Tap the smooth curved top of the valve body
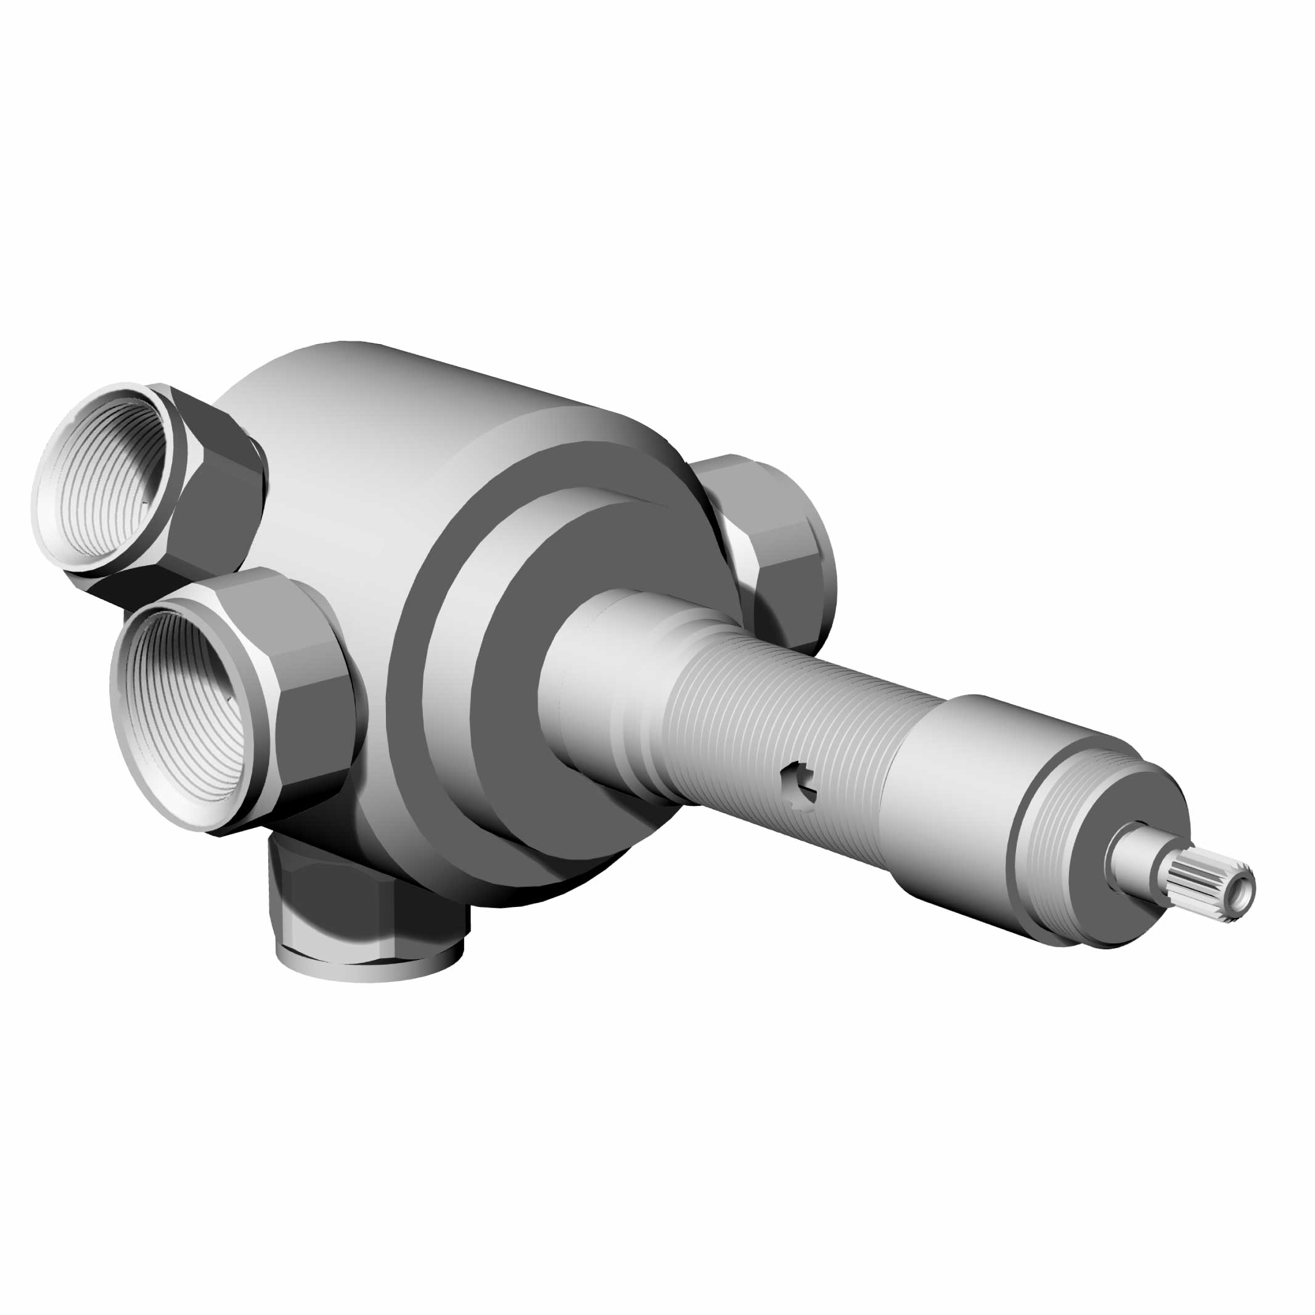tap(381, 422)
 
